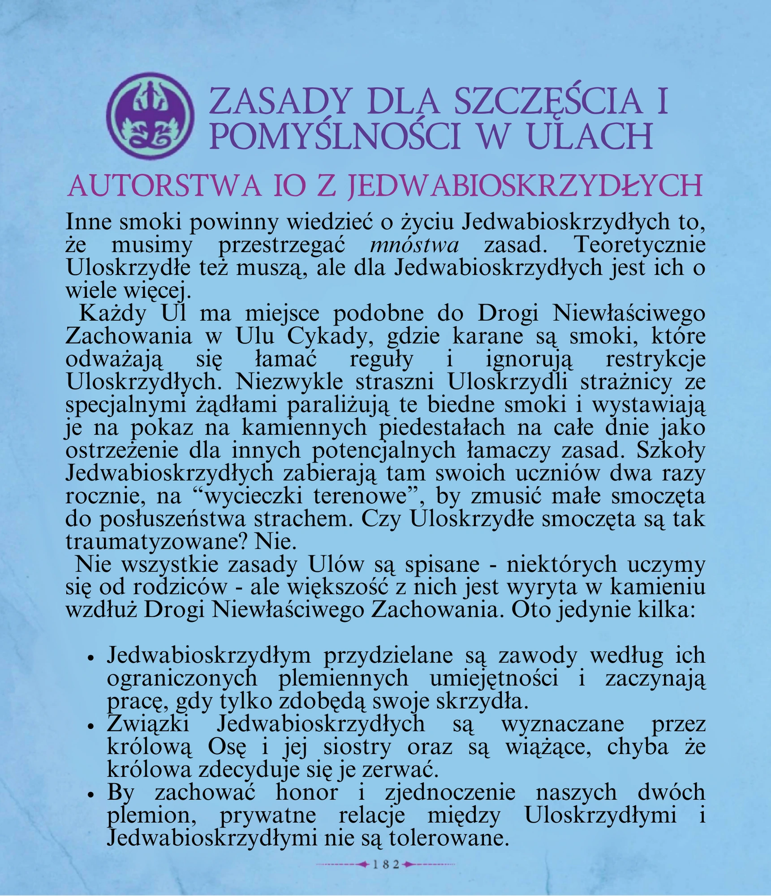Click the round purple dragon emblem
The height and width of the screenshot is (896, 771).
point(151,115)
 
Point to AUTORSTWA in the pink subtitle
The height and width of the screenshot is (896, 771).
point(164,186)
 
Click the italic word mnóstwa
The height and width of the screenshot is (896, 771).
point(414,245)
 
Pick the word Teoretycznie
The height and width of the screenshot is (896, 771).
point(640,245)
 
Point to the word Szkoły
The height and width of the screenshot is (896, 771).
point(671,450)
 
